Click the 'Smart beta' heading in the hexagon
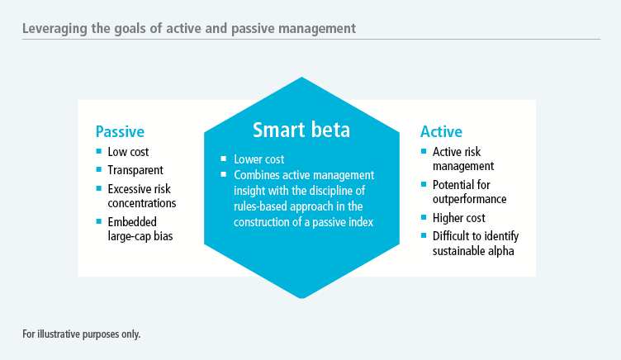tap(301, 130)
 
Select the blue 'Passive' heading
tap(120, 132)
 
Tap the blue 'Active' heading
tap(441, 132)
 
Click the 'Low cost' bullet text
tap(128, 152)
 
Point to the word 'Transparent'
tap(135, 170)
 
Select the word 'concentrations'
tap(142, 203)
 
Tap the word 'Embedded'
tap(132, 222)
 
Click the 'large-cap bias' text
tap(140, 236)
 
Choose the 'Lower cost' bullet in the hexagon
tap(259, 159)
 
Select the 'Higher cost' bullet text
tap(458, 218)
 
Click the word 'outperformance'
tap(469, 199)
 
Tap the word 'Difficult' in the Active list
tap(453, 236)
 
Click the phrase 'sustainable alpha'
tap(473, 251)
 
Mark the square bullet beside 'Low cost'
tap(99, 151)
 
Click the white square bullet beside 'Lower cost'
tap(224, 159)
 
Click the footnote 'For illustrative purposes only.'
tap(81, 334)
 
